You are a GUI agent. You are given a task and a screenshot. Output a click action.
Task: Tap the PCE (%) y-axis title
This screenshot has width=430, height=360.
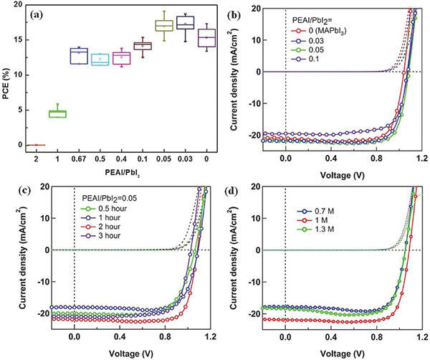tap(7, 75)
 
